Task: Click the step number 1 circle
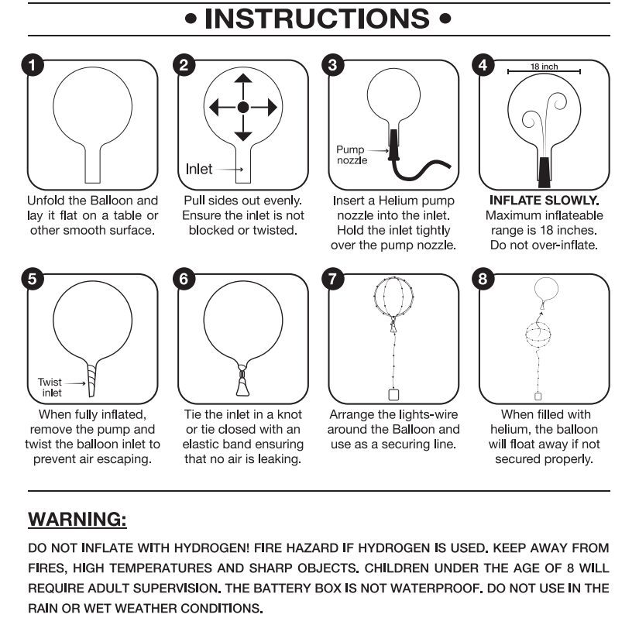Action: (31, 65)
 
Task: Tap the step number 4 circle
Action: (483, 65)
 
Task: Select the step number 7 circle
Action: (333, 280)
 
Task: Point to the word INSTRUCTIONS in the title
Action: (318, 19)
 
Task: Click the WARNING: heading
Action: (77, 518)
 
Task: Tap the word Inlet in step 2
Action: (199, 168)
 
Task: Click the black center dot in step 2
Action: (243, 108)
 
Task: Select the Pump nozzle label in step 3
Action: (351, 154)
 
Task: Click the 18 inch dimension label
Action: (544, 67)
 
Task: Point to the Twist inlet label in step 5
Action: (50, 387)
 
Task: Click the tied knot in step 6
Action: (243, 381)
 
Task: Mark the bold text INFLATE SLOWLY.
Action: (544, 200)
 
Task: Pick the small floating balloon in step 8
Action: (545, 289)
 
